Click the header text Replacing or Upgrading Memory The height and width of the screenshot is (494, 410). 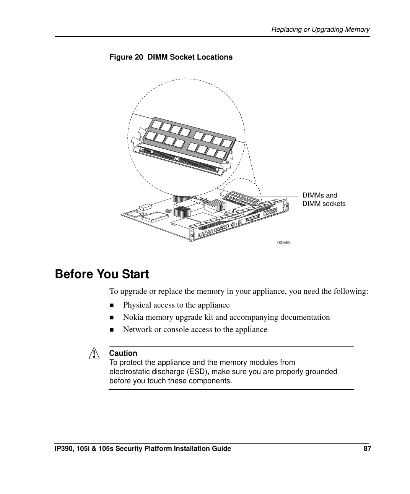[320, 29]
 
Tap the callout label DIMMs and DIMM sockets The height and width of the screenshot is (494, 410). [324, 199]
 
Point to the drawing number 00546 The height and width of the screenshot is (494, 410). [283, 243]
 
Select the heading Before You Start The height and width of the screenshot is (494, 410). [102, 274]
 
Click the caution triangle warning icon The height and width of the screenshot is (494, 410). [93, 355]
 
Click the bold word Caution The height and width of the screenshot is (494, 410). [123, 353]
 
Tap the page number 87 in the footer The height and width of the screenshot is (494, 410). [367, 449]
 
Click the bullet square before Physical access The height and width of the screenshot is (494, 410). [112, 305]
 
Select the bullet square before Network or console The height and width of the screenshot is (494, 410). [112, 330]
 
